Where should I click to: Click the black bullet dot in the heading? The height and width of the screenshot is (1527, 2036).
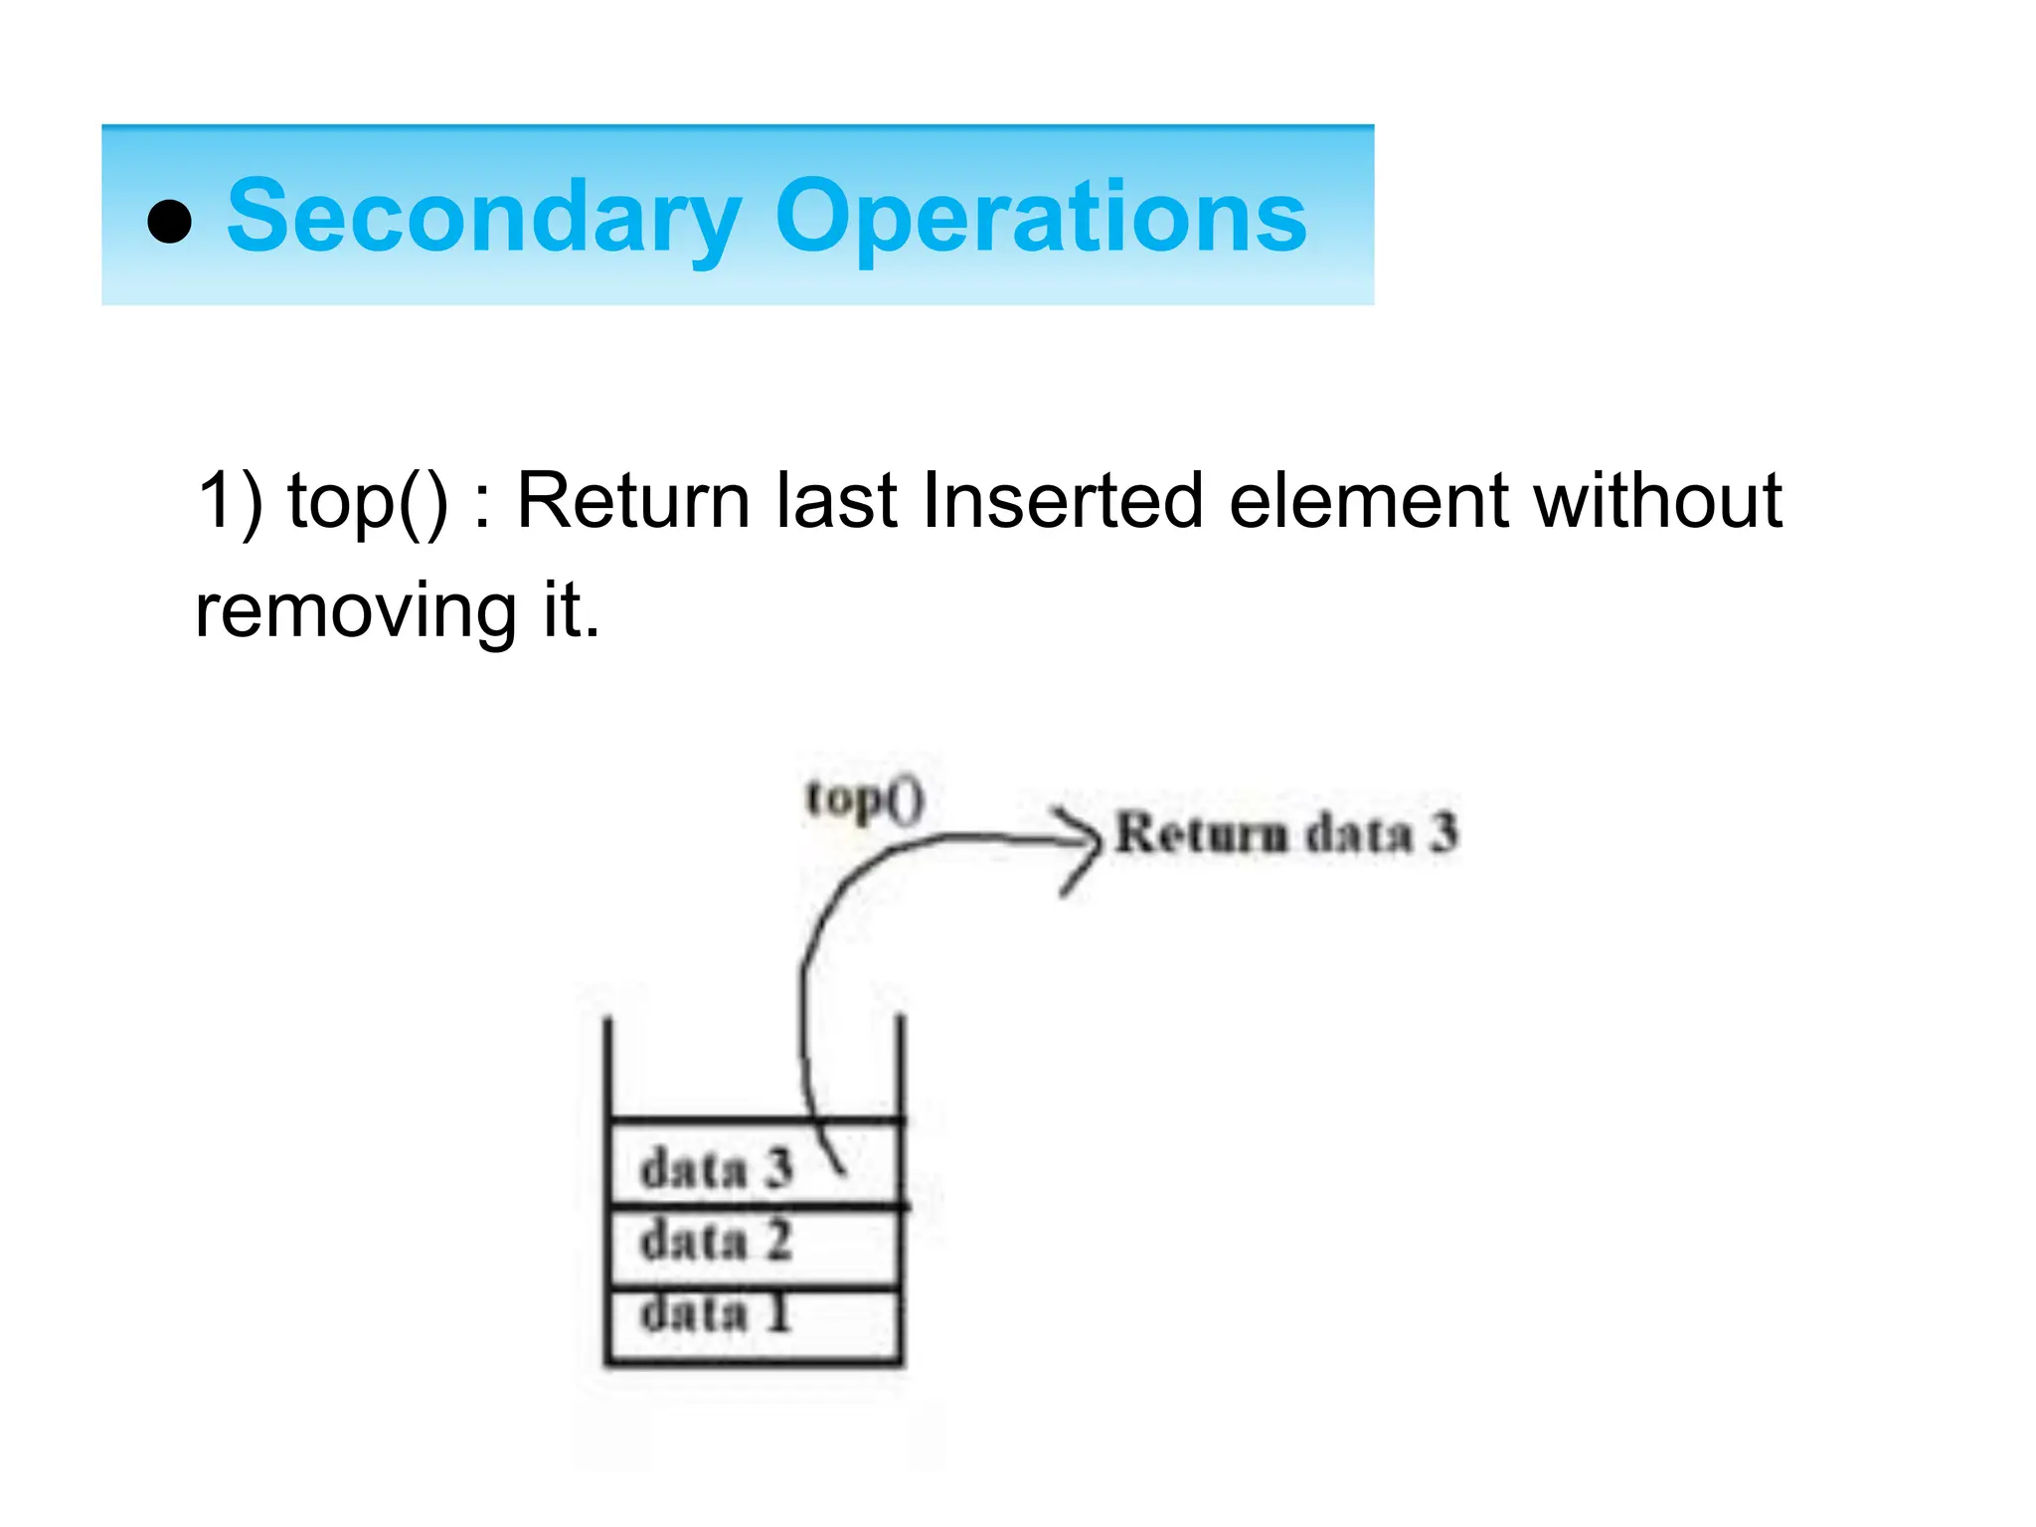coord(169,221)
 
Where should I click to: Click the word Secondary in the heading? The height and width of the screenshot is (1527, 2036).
coord(484,217)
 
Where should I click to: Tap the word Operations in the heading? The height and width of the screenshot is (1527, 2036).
coord(1040,217)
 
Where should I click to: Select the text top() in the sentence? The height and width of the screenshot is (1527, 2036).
coord(368,502)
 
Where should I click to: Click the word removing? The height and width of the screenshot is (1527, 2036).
coord(356,610)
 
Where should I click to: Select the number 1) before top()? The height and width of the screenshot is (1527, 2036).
coord(230,502)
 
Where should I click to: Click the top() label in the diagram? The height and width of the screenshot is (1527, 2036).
coord(864,801)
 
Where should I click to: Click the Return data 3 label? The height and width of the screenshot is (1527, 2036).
coord(1285,833)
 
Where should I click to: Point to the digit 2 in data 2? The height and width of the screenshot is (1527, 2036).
coord(777,1242)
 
